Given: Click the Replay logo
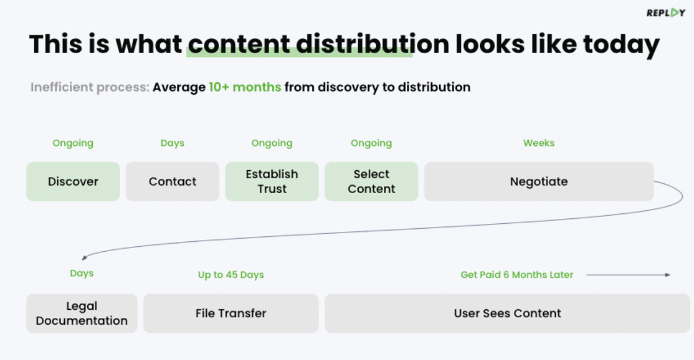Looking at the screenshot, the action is tap(666, 13).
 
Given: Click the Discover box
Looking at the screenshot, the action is tap(73, 182).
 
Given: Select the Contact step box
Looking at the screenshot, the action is tap(173, 182).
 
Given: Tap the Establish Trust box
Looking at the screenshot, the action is tap(272, 182).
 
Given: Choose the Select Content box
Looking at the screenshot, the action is tap(371, 182).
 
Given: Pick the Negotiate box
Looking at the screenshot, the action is tap(539, 182).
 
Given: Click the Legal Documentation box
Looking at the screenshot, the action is tap(82, 314).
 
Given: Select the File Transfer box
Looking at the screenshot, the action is tap(231, 314).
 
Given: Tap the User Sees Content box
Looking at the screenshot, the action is tap(507, 314).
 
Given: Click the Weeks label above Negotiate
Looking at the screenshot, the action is tap(539, 143).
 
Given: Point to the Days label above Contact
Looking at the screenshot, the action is tap(172, 144).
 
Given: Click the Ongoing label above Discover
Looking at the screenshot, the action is tap(73, 144).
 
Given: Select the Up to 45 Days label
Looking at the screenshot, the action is tap(231, 275).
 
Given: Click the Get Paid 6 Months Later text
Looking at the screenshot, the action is tap(516, 275).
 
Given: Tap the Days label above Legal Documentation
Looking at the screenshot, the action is tap(82, 273).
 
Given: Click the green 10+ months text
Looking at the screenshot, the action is tap(245, 87).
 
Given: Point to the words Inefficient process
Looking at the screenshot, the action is tap(90, 87).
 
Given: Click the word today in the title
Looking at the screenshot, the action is tap(621, 45).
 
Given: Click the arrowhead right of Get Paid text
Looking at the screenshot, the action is tap(667, 275).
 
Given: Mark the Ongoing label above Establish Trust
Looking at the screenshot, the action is tap(272, 144).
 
